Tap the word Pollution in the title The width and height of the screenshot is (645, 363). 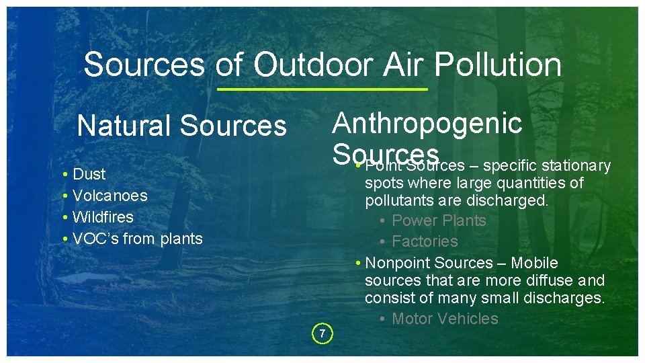pos(498,65)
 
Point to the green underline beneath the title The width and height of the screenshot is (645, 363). pos(322,89)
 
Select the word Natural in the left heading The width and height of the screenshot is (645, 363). pos(124,126)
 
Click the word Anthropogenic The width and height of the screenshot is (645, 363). pos(427,123)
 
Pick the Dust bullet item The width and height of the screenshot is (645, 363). pos(89,174)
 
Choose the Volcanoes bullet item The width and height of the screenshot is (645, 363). pos(110,196)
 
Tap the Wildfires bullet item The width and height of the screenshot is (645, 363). pos(103,217)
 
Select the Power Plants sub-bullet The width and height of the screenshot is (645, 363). pos(439,220)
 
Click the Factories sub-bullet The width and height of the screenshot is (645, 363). pos(425,241)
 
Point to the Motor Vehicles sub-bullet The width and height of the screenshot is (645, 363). pos(445,319)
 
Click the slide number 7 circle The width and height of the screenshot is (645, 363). pos(322,333)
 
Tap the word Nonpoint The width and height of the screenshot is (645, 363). pos(396,263)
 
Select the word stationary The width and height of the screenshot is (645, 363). pos(576,165)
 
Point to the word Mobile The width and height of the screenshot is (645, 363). pos(534,263)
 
